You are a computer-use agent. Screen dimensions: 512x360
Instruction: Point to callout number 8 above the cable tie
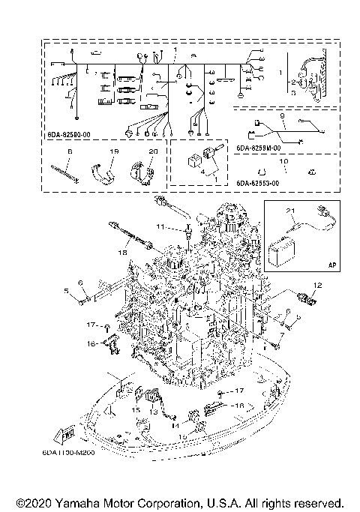pos(69,151)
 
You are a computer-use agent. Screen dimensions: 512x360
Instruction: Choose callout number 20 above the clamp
pos(154,151)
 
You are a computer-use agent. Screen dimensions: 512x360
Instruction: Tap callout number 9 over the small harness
pos(281,117)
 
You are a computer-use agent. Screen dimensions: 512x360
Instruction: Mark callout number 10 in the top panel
pos(283,161)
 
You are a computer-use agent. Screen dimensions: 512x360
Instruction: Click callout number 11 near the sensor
pos(160,226)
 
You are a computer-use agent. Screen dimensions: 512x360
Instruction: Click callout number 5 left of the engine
pos(66,291)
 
